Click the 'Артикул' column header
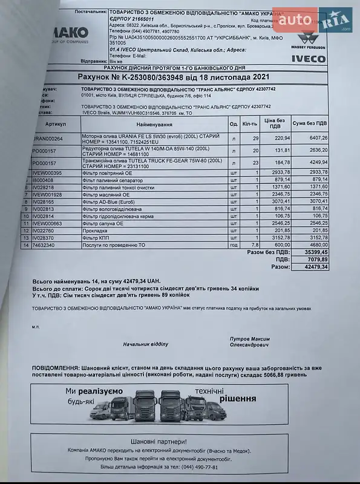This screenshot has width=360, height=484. coord(56,123)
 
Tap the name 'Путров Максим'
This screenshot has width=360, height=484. coord(250,339)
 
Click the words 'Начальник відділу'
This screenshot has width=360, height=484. coord(145,344)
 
